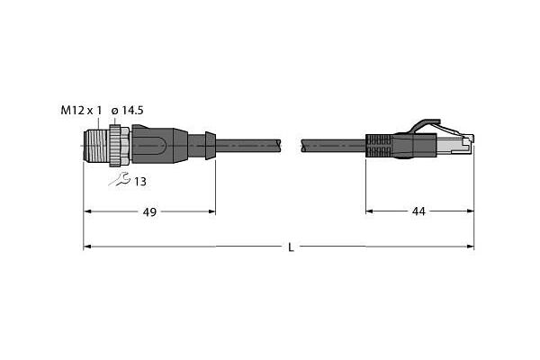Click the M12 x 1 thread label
tap(81, 111)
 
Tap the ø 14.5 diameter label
tap(128, 111)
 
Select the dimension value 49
tap(149, 212)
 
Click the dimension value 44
tap(418, 211)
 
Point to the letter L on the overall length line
tap(291, 247)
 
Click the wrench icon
tap(119, 179)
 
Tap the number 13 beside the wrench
tap(139, 182)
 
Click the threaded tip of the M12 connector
tap(96, 146)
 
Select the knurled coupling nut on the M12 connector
tap(116, 146)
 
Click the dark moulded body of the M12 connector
tap(160, 145)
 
